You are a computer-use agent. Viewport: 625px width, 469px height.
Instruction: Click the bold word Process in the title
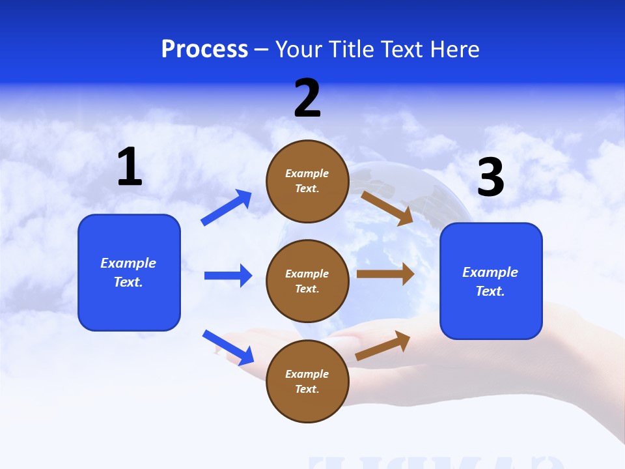(204, 50)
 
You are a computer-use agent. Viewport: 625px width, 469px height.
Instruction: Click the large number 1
(130, 167)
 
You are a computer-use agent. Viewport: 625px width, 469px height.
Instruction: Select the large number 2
(307, 98)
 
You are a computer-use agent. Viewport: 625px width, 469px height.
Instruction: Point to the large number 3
(490, 178)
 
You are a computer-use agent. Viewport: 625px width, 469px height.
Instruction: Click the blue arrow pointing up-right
(227, 208)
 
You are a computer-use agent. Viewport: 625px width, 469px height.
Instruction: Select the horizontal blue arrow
(228, 276)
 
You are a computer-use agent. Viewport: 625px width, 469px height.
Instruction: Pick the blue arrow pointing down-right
(228, 347)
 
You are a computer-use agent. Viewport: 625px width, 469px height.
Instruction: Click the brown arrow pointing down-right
(387, 208)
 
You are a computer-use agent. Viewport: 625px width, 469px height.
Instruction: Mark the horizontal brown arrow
(385, 274)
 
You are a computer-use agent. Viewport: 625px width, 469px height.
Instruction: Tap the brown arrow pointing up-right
(383, 346)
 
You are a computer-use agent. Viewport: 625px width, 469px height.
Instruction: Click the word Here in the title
(454, 50)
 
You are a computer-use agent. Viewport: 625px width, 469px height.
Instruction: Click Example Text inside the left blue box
(128, 272)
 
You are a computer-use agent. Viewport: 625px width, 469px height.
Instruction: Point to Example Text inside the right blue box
(490, 281)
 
